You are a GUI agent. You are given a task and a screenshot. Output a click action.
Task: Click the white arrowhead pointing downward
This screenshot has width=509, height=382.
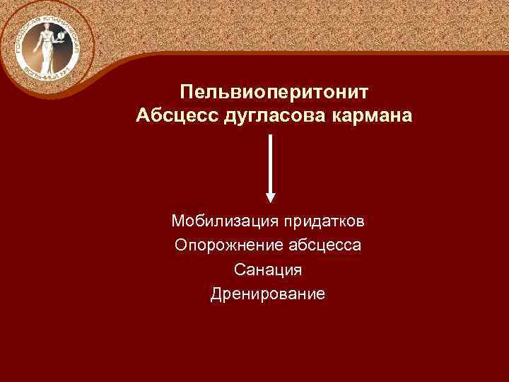[x=271, y=197]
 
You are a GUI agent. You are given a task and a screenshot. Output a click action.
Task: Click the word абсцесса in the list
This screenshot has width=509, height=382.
[x=326, y=245]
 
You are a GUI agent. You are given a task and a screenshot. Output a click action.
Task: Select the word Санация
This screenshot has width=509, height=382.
[x=269, y=270]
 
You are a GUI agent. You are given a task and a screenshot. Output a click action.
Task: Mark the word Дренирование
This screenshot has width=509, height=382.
[x=269, y=294]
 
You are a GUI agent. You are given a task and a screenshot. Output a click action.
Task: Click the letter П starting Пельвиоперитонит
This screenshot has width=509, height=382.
[x=186, y=92]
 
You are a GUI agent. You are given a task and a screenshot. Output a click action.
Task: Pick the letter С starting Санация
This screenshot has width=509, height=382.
[x=239, y=270]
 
